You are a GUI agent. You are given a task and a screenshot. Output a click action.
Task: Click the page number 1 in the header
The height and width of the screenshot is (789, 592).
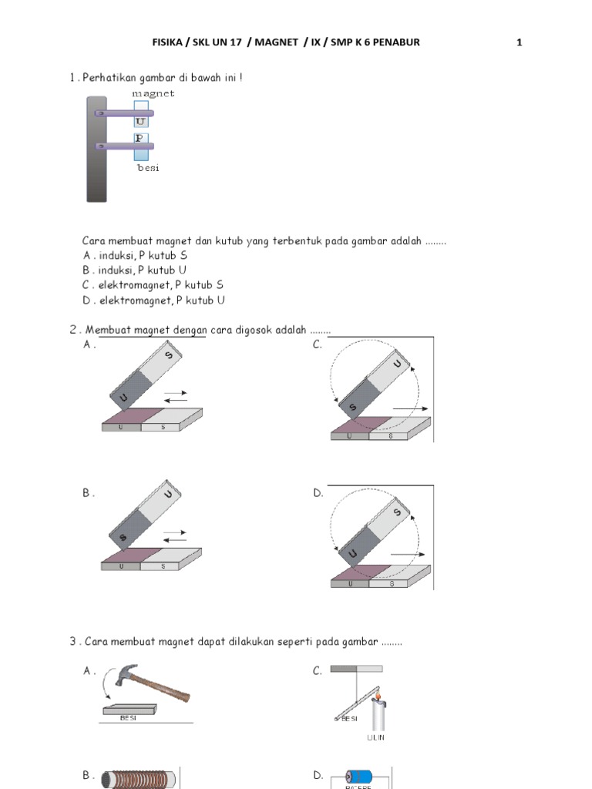[x=520, y=42]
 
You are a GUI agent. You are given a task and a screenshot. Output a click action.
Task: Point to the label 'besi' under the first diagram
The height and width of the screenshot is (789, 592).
[x=148, y=167]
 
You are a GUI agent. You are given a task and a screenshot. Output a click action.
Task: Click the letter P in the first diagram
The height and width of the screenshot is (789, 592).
[x=140, y=138]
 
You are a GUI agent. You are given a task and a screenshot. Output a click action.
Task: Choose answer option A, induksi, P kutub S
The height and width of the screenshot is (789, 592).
[x=135, y=255]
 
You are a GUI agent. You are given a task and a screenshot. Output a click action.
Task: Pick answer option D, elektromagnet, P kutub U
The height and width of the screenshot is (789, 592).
[x=154, y=300]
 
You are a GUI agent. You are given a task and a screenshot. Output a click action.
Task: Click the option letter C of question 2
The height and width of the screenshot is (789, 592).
[x=318, y=345]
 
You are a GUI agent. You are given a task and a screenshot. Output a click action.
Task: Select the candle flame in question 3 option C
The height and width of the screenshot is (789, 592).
[x=378, y=698]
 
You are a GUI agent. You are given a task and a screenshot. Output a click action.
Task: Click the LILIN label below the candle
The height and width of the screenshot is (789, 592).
[x=375, y=737]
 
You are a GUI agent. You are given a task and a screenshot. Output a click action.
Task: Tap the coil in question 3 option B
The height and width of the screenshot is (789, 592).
[x=139, y=778]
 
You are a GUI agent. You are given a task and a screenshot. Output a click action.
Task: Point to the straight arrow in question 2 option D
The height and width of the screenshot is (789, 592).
[x=407, y=554]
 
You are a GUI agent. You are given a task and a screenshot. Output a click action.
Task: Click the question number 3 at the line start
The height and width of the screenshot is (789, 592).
[x=72, y=642]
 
